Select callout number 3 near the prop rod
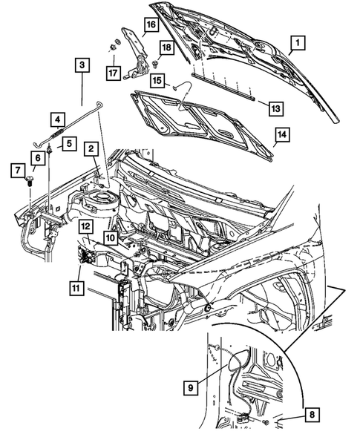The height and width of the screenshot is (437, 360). [x=82, y=65]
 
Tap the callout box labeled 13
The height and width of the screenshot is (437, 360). [x=274, y=108]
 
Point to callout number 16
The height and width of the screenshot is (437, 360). [x=150, y=25]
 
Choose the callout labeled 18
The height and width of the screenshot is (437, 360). [x=166, y=48]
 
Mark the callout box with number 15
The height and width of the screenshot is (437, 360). [x=157, y=79]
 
